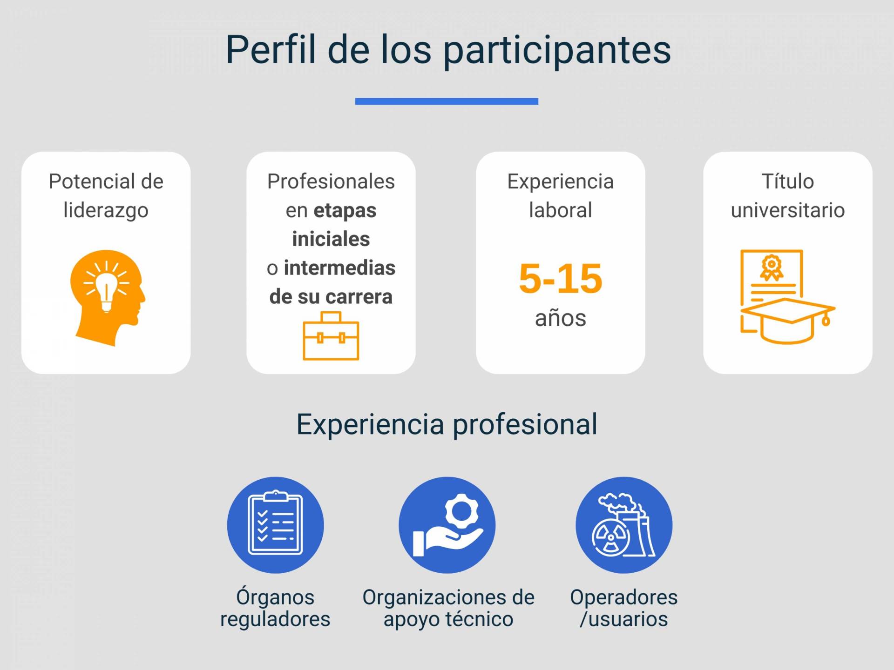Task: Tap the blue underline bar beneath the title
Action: click(x=447, y=101)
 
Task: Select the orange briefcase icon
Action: click(x=331, y=336)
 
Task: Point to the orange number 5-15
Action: click(x=561, y=279)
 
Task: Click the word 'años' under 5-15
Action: click(x=561, y=318)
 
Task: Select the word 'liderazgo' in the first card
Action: click(x=106, y=211)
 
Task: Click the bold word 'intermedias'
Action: click(x=339, y=268)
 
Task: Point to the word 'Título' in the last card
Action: click(x=788, y=181)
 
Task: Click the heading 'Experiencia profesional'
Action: click(x=447, y=424)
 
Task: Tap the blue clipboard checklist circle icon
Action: click(x=276, y=525)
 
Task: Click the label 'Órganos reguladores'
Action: click(x=275, y=608)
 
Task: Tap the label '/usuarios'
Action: click(x=624, y=619)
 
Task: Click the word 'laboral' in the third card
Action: click(x=561, y=210)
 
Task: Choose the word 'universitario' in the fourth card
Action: click(x=788, y=210)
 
